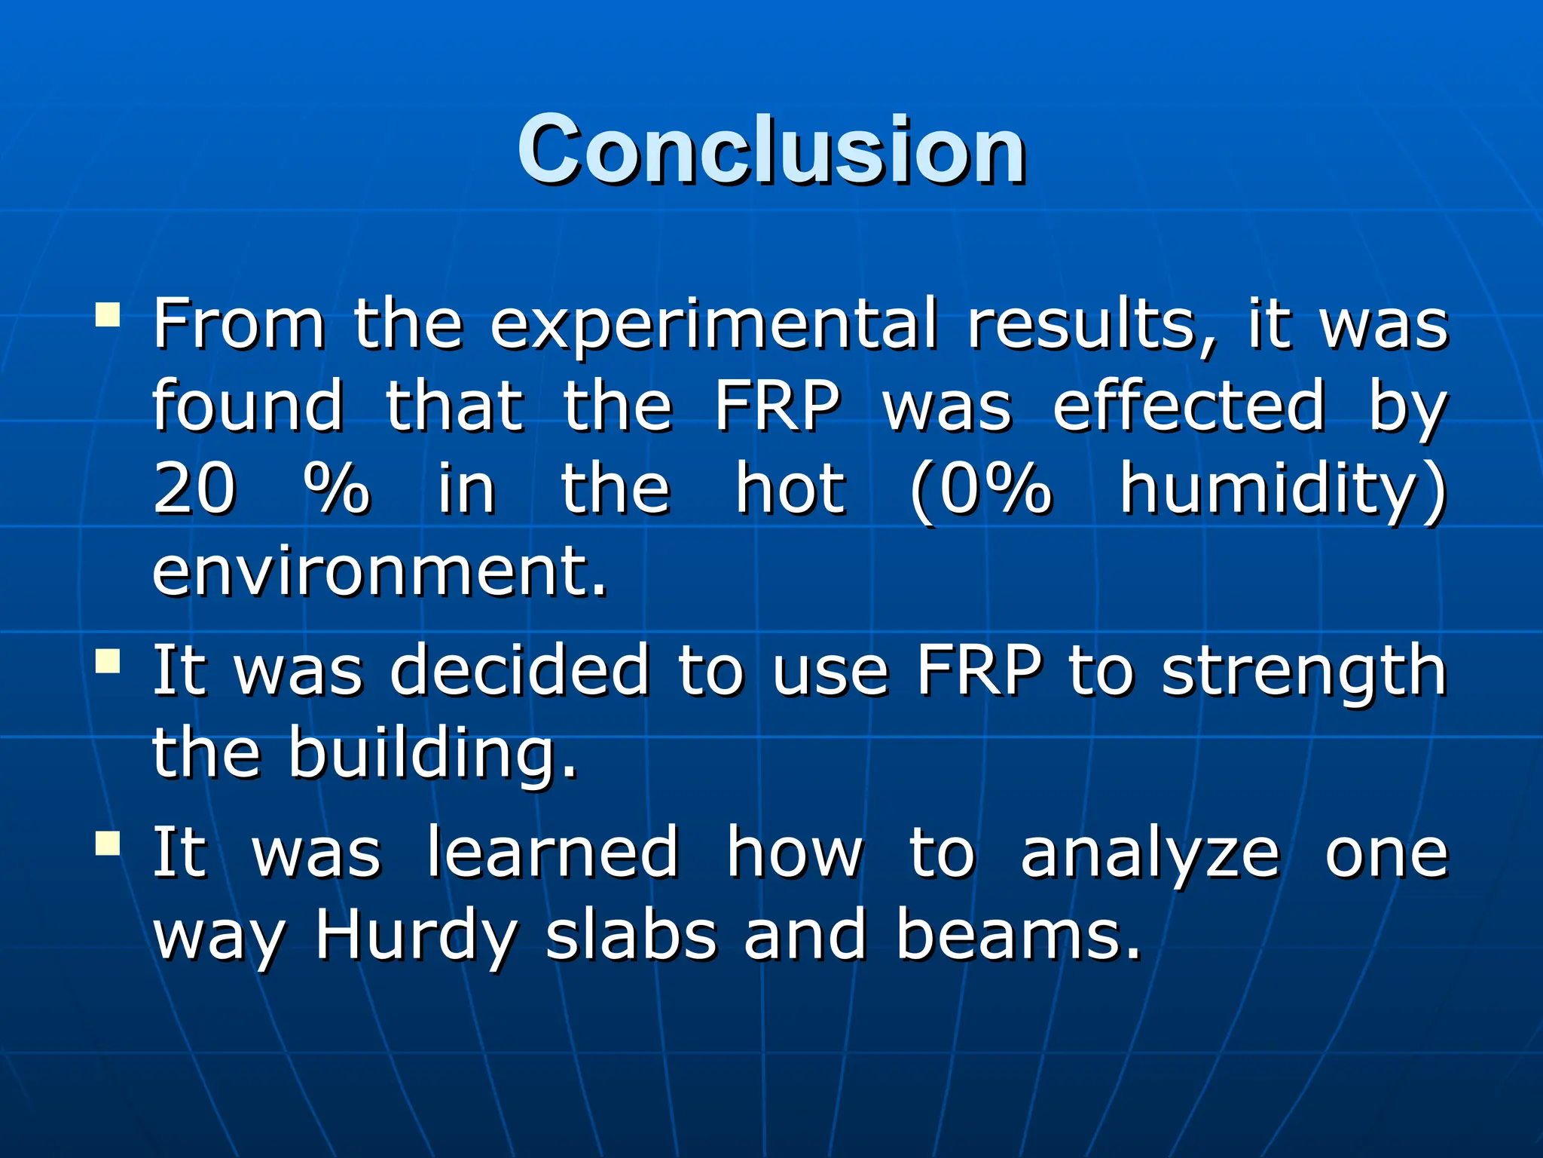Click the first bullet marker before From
[x=108, y=314]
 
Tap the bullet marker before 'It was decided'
[x=108, y=661]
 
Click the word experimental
[x=713, y=326]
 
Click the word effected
[x=1189, y=407]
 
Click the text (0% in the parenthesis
[x=980, y=490]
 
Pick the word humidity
[x=1281, y=490]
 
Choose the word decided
[x=520, y=670]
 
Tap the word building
[x=432, y=754]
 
